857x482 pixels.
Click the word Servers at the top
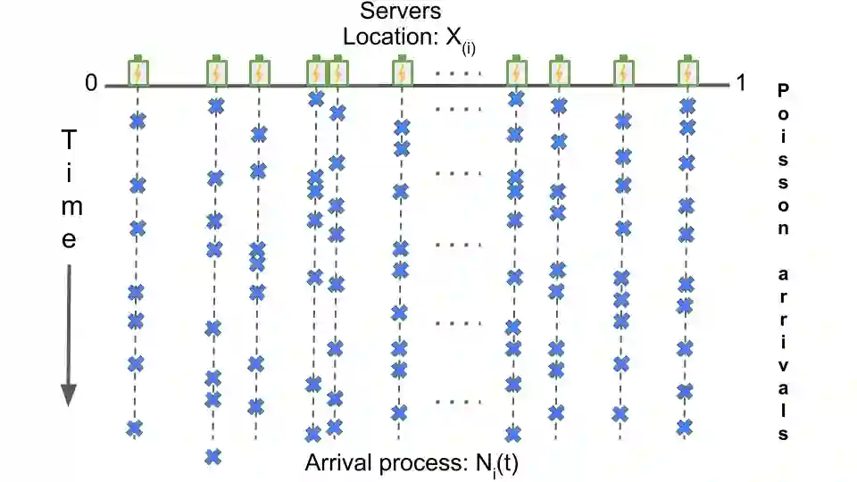(x=400, y=13)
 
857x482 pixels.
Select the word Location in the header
(x=375, y=38)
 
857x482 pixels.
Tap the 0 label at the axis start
(x=91, y=83)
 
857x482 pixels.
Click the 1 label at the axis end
(x=739, y=83)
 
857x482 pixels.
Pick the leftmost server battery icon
(x=137, y=71)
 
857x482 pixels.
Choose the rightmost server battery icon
(x=686, y=71)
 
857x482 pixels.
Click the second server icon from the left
(x=215, y=71)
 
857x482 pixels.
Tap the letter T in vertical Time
(x=69, y=140)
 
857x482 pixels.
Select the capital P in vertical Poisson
(x=783, y=90)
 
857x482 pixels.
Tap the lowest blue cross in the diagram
(x=212, y=457)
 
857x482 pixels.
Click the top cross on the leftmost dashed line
(x=137, y=121)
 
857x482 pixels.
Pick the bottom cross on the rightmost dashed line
(x=684, y=427)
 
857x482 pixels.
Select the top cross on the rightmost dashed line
(x=686, y=106)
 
